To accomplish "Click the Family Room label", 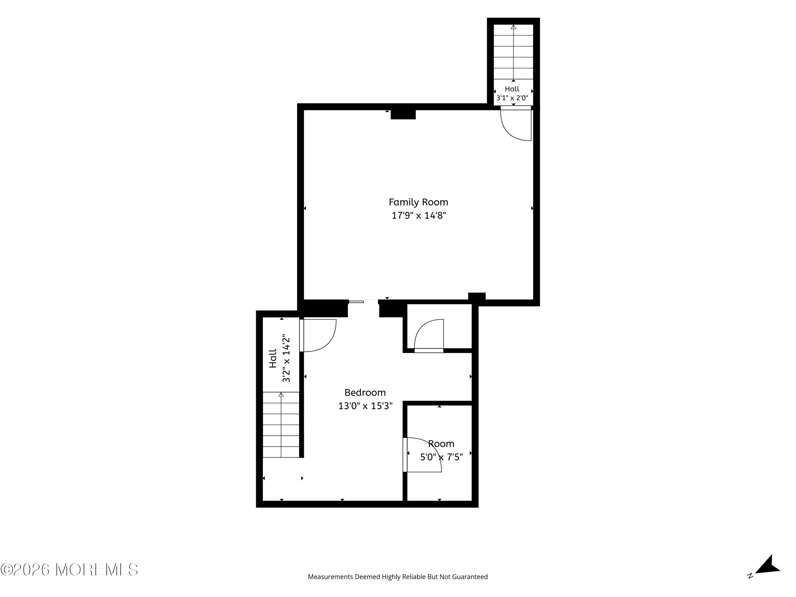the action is (418, 202).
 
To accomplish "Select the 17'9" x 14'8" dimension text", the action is (418, 215).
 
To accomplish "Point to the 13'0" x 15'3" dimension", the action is (365, 406).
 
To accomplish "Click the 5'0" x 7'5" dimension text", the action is (442, 457).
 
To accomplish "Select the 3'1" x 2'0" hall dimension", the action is (512, 98).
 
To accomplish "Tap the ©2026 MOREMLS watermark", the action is (69, 570).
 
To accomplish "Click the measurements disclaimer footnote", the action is (398, 577).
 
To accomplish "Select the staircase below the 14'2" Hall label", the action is (281, 425).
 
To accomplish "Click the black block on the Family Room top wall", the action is (403, 114).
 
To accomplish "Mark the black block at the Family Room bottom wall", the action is (477, 296).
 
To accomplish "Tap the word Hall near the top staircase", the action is (512, 89).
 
